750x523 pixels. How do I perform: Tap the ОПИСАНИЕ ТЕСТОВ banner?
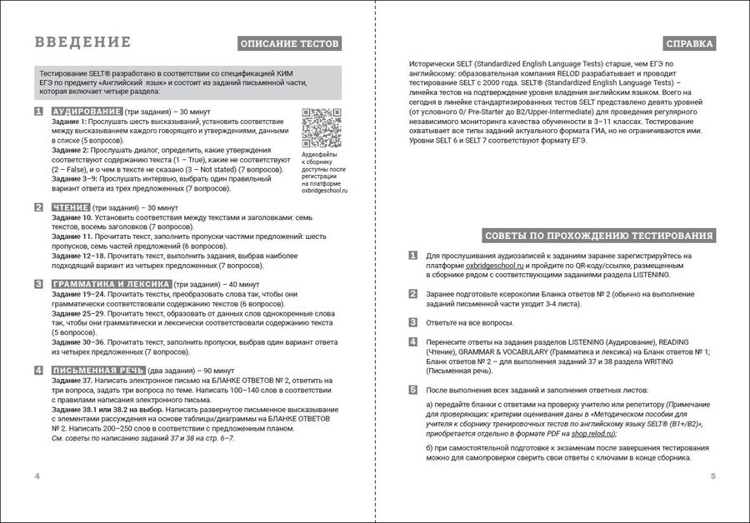click(x=289, y=43)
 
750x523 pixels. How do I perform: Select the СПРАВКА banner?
click(x=690, y=43)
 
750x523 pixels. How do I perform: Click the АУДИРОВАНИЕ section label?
click(x=87, y=111)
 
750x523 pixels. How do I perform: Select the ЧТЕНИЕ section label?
click(x=70, y=207)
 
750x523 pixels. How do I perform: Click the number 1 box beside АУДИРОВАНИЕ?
click(x=38, y=111)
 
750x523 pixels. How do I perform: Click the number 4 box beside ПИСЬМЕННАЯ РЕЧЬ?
click(x=38, y=371)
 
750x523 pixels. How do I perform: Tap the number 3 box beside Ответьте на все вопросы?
click(x=412, y=321)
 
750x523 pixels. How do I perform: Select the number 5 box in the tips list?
click(x=412, y=390)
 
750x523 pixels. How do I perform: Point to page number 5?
click(x=713, y=476)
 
